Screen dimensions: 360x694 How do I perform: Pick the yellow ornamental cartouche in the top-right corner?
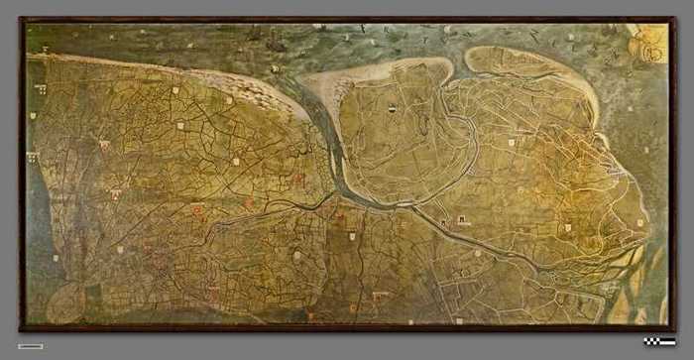point(649,44)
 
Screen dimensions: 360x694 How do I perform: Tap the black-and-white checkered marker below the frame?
point(658,342)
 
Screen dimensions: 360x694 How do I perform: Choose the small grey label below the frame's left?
point(30,346)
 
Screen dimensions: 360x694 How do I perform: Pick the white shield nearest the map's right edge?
point(639,223)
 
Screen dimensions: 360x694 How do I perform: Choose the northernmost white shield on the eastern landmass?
point(512,142)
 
